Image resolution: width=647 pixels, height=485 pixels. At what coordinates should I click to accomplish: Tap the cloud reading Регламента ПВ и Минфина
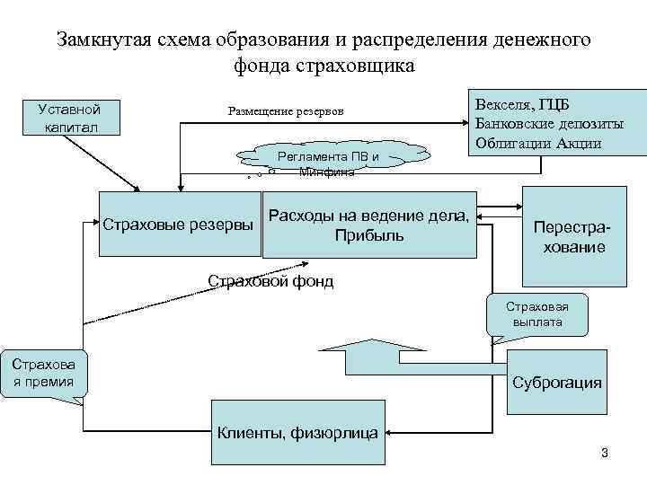point(328,161)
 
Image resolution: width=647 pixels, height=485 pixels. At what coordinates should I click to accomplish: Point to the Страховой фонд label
point(270,281)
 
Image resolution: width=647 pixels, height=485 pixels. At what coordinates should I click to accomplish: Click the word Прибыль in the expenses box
point(368,236)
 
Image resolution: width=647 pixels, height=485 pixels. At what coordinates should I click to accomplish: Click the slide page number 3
point(604,452)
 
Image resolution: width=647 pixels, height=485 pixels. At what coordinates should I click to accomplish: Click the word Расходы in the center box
point(303,216)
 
